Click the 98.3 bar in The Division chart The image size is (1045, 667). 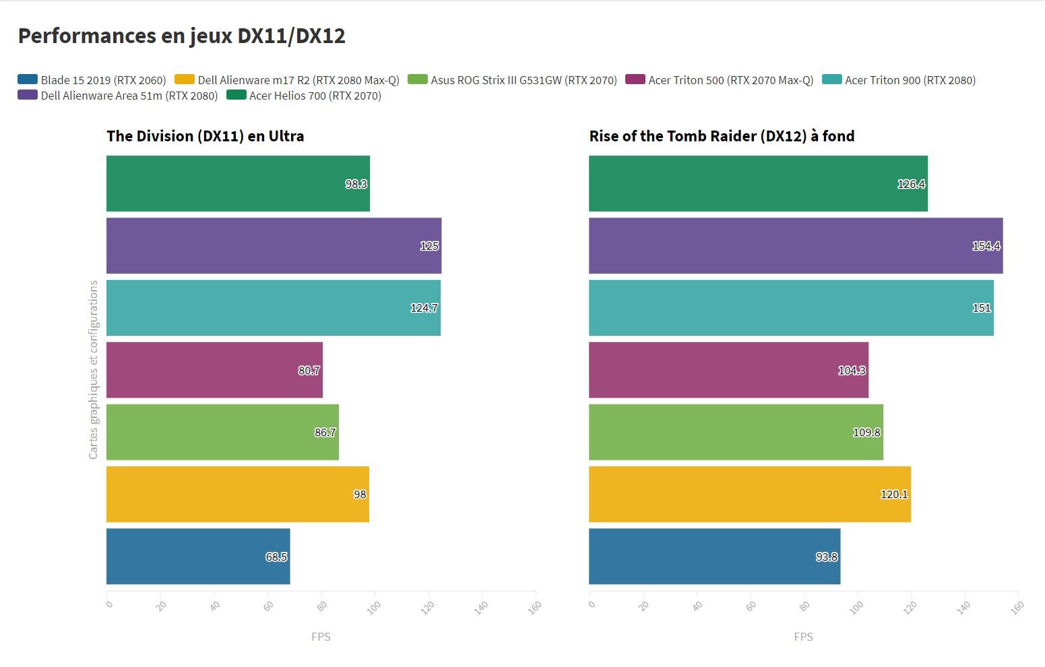(238, 184)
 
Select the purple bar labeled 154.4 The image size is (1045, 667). (795, 246)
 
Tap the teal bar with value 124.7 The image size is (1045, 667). (273, 308)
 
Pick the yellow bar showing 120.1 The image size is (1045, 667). (749, 494)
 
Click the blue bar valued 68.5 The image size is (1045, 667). (198, 557)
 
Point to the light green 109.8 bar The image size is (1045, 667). (736, 432)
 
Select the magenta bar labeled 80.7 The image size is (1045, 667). (214, 370)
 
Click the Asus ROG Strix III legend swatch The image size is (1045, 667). (418, 79)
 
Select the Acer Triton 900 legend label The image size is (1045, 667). (910, 80)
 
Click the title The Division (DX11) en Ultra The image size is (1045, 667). (205, 136)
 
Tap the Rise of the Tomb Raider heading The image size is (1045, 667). (722, 136)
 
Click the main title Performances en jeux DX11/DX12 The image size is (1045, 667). (181, 36)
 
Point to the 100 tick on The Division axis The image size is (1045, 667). (373, 606)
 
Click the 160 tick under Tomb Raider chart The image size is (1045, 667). (1017, 606)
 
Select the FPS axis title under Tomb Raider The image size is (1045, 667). (803, 637)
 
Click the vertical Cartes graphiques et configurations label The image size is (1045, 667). (93, 370)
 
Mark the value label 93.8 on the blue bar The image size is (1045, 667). (827, 557)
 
